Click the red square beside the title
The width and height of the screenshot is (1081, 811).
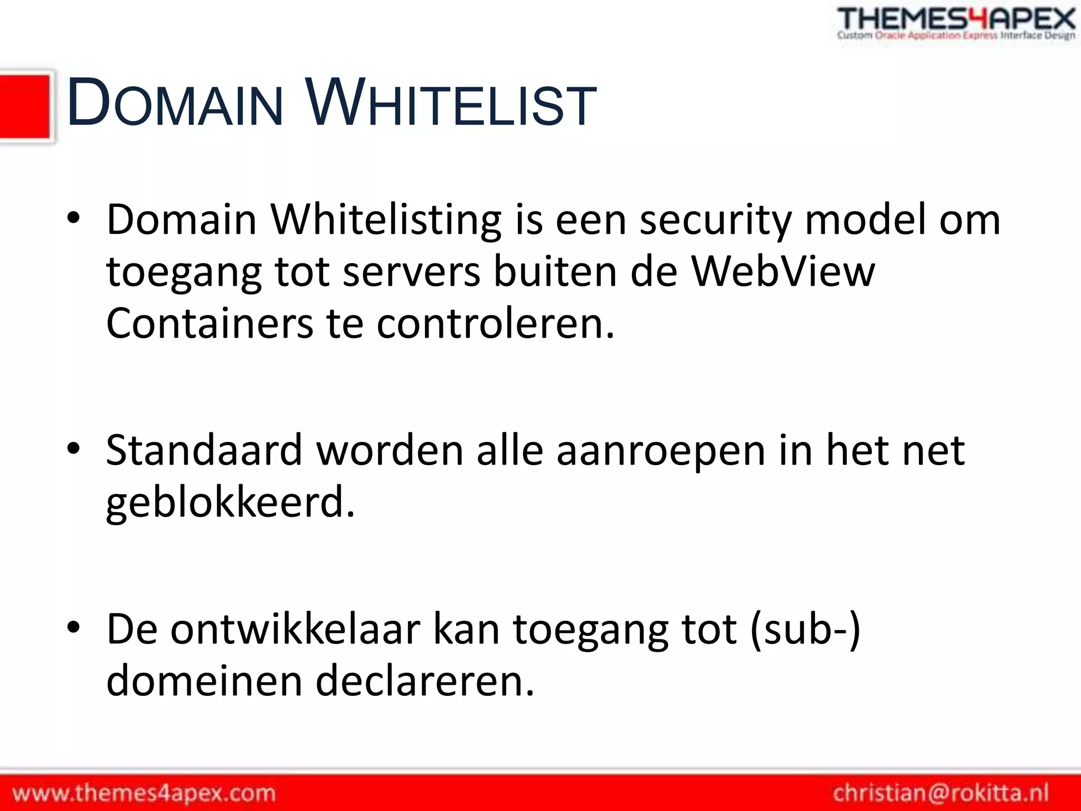pyautogui.click(x=25, y=107)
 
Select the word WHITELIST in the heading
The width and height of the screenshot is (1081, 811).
pyautogui.click(x=452, y=102)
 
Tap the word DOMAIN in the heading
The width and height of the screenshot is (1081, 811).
pyautogui.click(x=175, y=102)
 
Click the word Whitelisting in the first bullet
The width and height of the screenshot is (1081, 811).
pyautogui.click(x=386, y=220)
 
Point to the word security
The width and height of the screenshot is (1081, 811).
pyautogui.click(x=716, y=220)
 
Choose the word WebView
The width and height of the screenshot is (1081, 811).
pyautogui.click(x=783, y=271)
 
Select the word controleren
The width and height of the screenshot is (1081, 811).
pyautogui.click(x=496, y=323)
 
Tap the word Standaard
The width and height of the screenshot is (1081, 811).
pyautogui.click(x=204, y=450)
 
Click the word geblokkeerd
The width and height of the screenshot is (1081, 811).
pyautogui.click(x=230, y=503)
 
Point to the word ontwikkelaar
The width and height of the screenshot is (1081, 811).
pyautogui.click(x=296, y=629)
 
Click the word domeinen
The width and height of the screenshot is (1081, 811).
pyautogui.click(x=204, y=681)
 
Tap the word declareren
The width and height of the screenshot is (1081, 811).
pyautogui.click(x=425, y=681)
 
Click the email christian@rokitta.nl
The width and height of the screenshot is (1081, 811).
pyautogui.click(x=941, y=793)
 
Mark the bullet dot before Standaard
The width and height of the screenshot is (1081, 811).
pyautogui.click(x=73, y=449)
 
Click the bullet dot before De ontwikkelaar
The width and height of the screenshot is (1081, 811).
pyautogui.click(x=73, y=628)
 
